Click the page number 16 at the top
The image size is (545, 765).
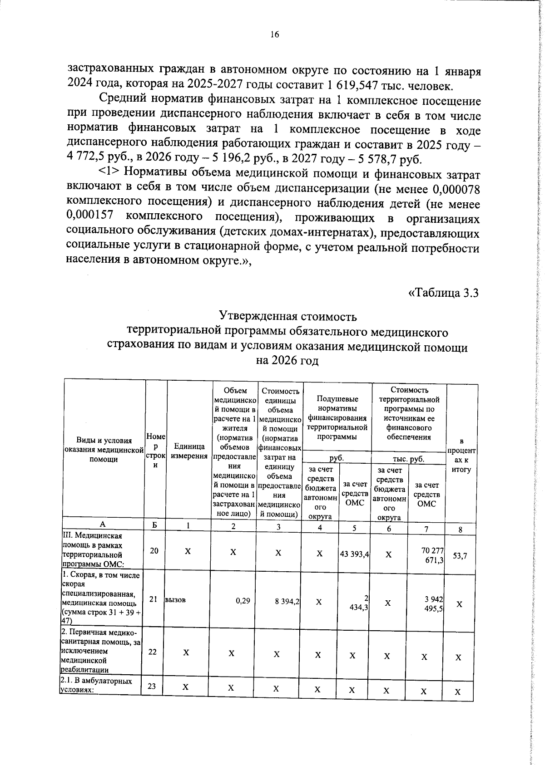(274, 35)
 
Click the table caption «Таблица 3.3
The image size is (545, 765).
(444, 293)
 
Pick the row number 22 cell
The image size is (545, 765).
(153, 652)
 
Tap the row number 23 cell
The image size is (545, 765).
(152, 687)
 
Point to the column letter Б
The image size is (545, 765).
(155, 525)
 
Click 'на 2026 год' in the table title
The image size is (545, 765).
(287, 361)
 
